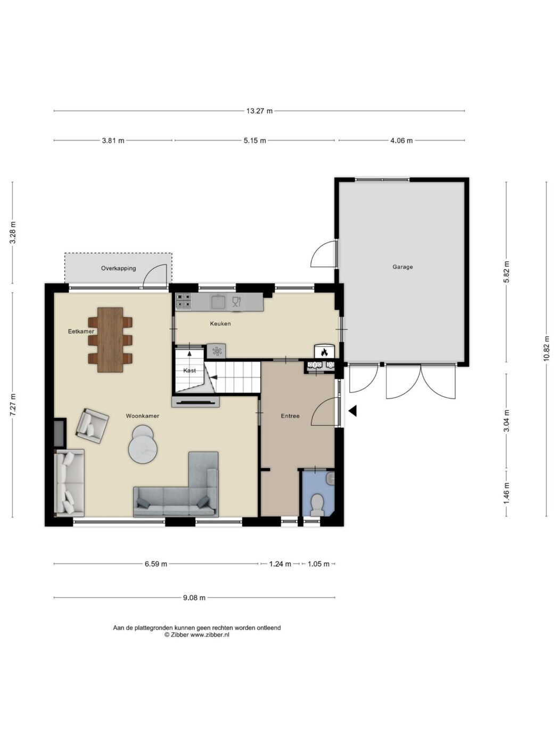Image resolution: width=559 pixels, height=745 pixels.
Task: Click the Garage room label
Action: point(402,267)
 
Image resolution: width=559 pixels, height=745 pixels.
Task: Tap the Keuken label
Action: point(220,324)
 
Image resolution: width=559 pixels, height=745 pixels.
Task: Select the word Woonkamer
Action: point(143,416)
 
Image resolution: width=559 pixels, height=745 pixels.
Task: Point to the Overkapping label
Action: point(118,268)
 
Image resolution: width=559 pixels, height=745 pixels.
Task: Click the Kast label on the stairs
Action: point(190,370)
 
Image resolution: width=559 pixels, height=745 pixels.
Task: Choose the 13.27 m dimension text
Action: point(260,111)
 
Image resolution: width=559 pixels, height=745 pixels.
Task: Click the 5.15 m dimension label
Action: point(255,140)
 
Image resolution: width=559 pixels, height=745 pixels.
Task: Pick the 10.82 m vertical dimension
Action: point(546,349)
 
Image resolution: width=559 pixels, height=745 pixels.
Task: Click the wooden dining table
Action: point(110,340)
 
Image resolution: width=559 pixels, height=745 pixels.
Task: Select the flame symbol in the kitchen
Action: point(324,352)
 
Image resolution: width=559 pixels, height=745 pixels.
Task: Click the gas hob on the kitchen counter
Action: point(184,301)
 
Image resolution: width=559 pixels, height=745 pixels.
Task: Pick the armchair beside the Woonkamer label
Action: point(92,426)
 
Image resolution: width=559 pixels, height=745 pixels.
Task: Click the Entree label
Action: point(290,416)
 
